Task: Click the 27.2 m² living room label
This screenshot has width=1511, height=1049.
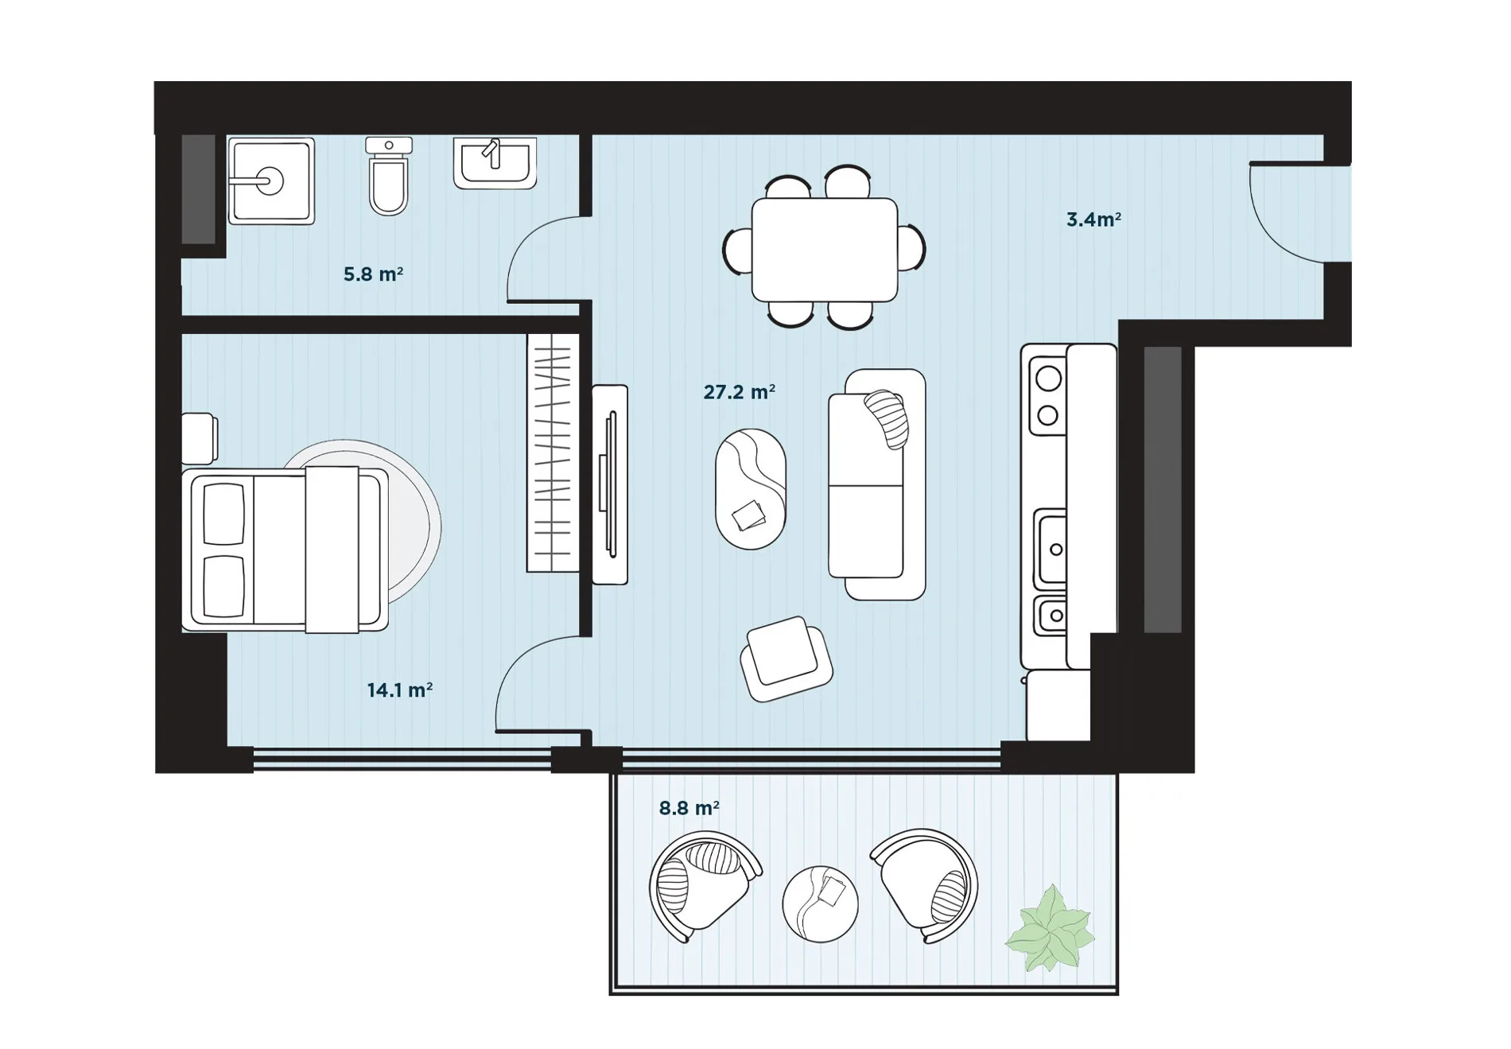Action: pos(739,392)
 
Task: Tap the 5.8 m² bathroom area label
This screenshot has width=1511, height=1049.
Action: pos(373,274)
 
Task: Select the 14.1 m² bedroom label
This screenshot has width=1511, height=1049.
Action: pos(399,690)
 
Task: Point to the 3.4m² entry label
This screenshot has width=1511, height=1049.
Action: pos(1093,220)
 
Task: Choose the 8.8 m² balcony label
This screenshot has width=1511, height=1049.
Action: pos(689,809)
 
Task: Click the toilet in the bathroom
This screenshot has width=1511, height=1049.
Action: pos(389,176)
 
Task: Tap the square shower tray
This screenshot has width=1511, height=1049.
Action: pos(271,181)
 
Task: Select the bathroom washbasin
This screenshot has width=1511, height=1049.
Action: pos(495,163)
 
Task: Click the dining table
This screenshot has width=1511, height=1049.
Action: pos(825,250)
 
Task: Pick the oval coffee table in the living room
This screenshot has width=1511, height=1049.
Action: pos(751,488)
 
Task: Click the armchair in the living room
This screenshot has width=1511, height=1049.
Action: pos(786,659)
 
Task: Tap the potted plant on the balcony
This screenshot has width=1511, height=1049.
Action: pos(1050,929)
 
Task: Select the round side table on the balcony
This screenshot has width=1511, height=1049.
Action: pos(820,904)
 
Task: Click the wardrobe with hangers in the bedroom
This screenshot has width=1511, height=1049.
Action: pos(553,453)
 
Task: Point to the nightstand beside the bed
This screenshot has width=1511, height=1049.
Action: pos(200,438)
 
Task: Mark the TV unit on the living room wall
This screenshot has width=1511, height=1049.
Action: pos(610,484)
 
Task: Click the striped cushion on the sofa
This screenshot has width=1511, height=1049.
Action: pos(888,419)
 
